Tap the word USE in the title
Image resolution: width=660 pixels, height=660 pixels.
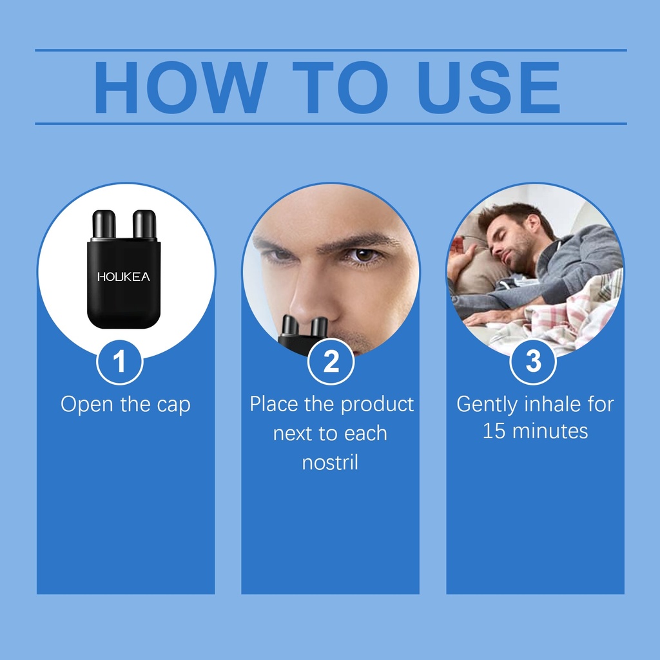(x=489, y=87)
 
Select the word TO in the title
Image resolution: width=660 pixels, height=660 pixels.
(x=340, y=87)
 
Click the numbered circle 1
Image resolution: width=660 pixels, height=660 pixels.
(x=119, y=362)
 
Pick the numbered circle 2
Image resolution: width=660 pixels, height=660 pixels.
(x=331, y=362)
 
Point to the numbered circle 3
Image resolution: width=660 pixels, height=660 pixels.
(x=533, y=362)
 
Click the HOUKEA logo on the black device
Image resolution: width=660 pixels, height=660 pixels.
(x=123, y=277)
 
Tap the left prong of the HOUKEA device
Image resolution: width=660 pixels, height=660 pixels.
(x=104, y=224)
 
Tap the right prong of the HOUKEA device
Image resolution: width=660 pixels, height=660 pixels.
(x=144, y=224)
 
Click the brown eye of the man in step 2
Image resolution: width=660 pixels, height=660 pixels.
(x=364, y=255)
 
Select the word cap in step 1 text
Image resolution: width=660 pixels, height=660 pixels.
(x=174, y=405)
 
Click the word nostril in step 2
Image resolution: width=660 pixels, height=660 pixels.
(x=330, y=462)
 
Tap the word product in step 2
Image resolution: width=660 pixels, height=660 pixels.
(x=377, y=405)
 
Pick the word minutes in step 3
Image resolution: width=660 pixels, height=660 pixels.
(x=550, y=431)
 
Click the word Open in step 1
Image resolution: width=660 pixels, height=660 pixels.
(x=87, y=405)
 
